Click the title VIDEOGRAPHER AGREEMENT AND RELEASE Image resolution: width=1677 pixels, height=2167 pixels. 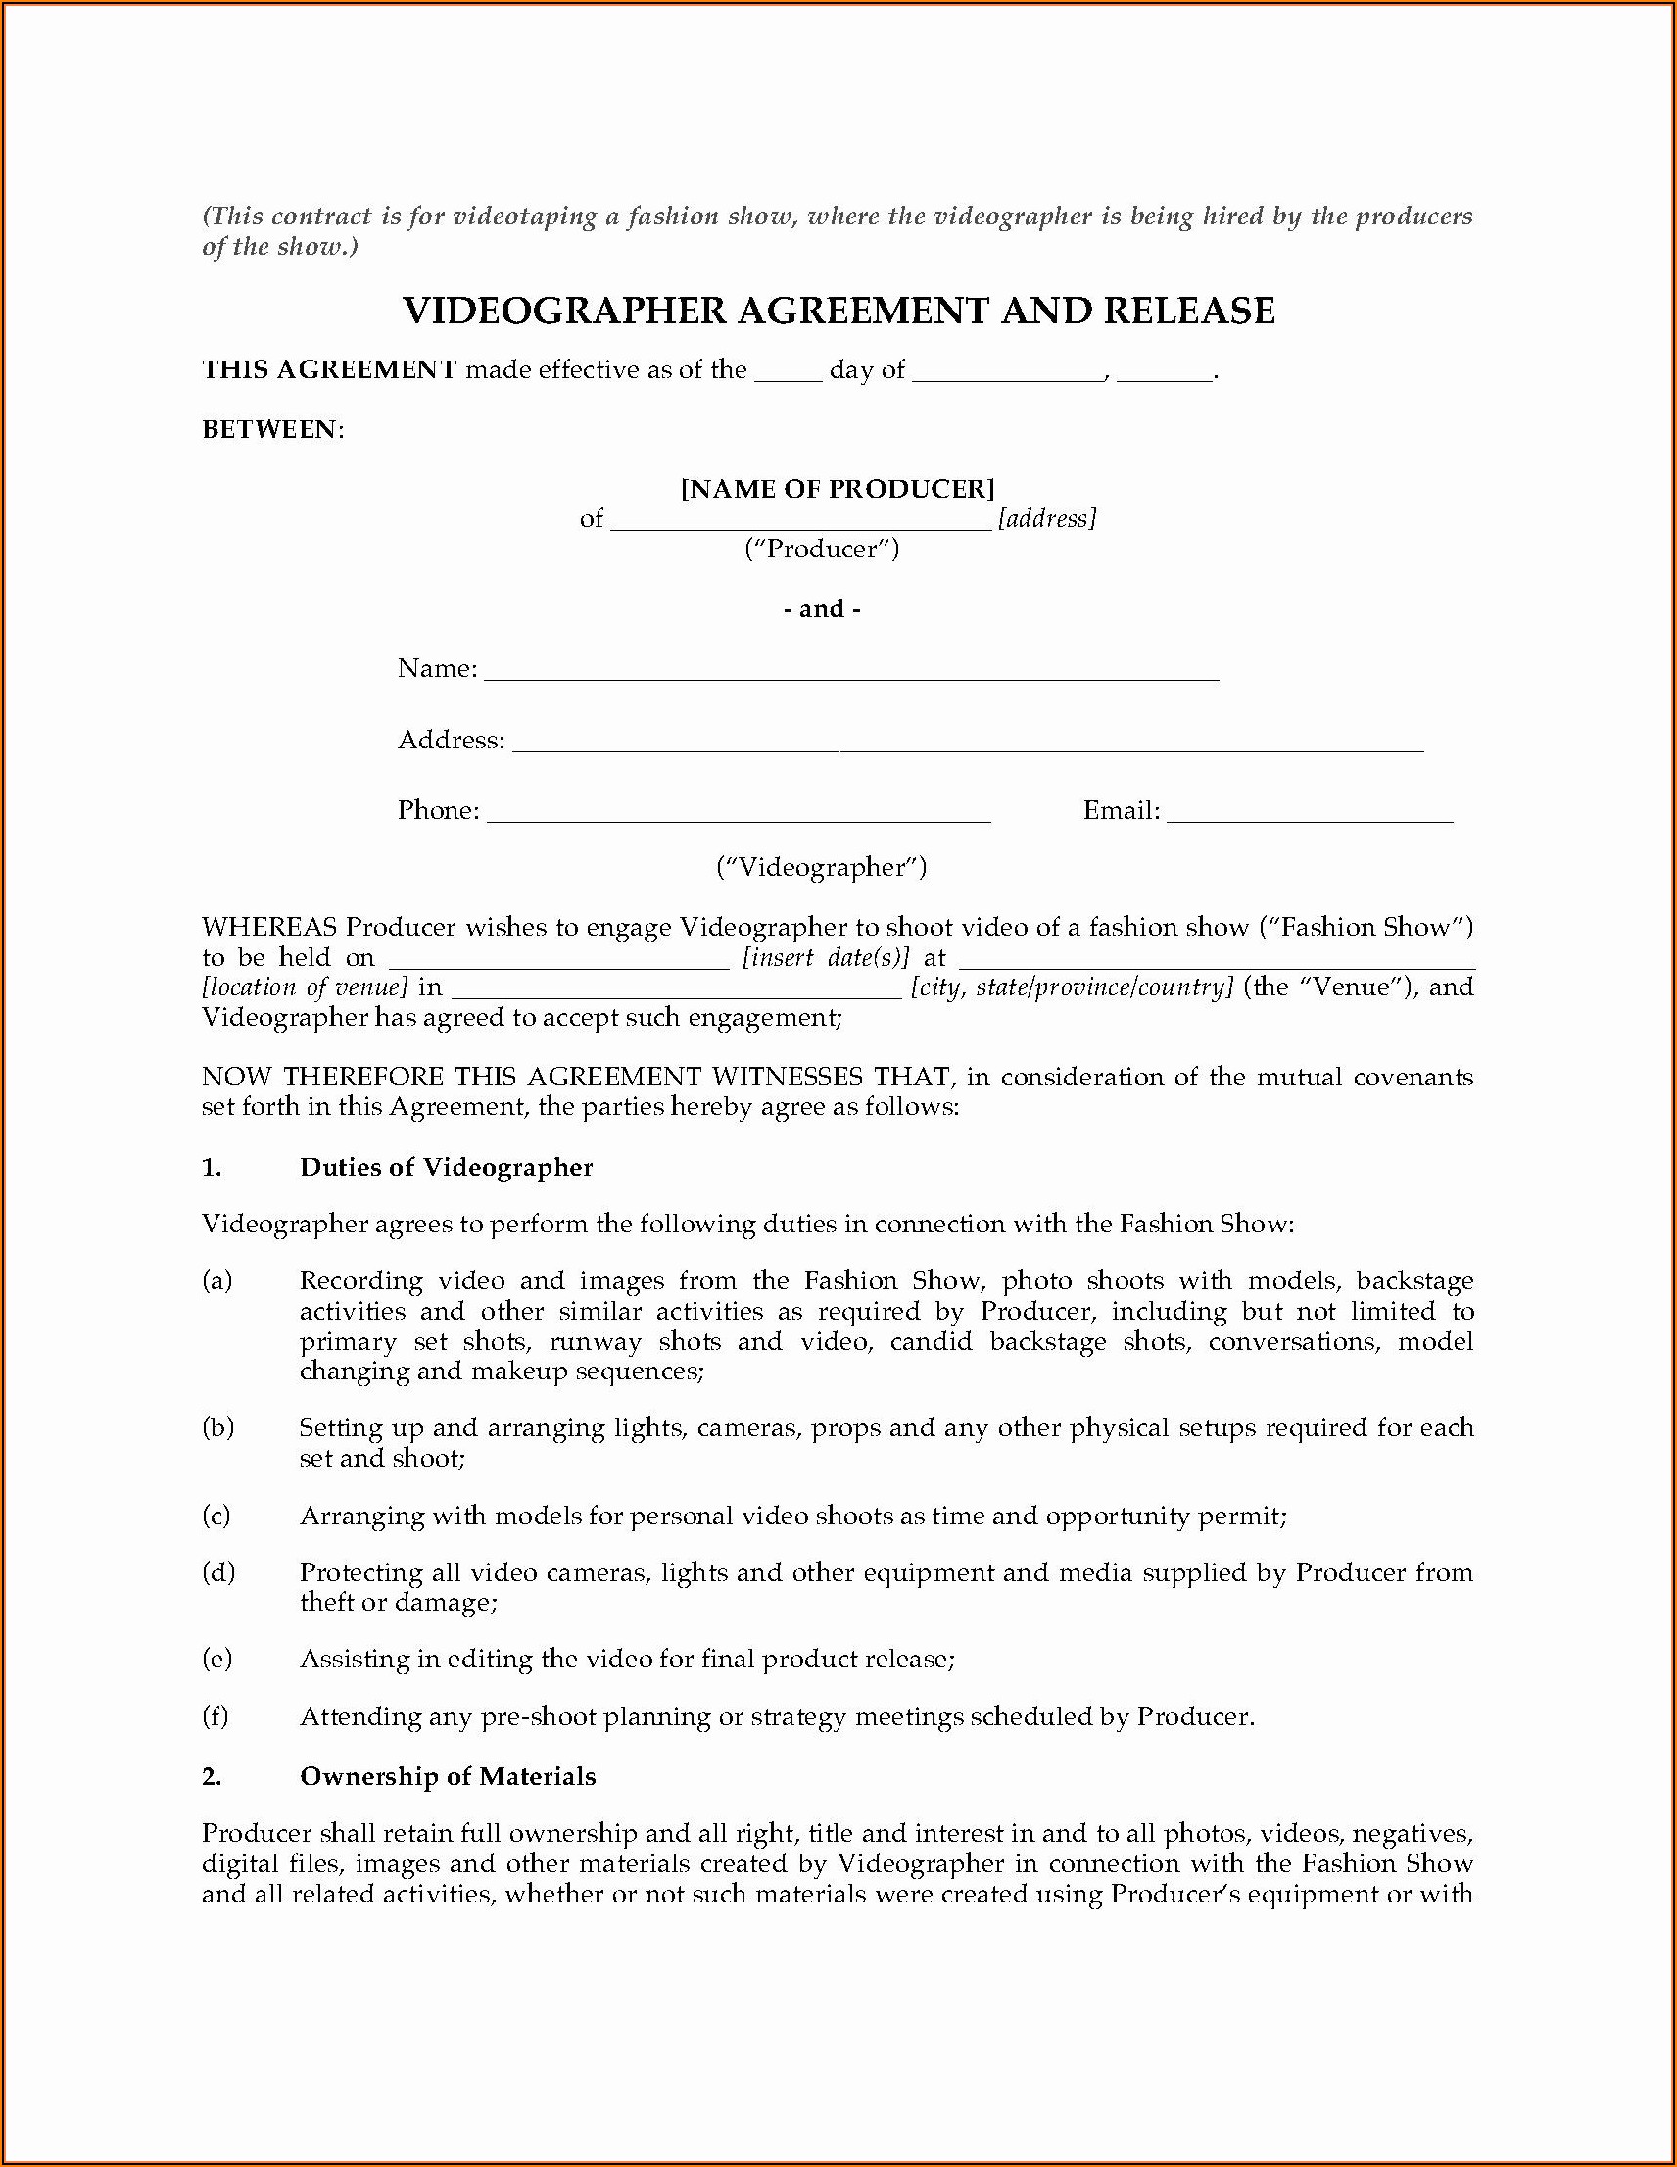[838, 312]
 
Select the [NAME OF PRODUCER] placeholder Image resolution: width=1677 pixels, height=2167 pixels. [838, 489]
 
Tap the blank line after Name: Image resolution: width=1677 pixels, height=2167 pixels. [851, 676]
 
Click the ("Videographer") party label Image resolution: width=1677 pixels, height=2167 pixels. [822, 868]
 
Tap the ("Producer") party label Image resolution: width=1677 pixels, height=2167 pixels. [822, 550]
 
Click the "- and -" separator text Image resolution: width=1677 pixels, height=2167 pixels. [822, 609]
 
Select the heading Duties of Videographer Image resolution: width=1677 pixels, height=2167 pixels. [446, 1168]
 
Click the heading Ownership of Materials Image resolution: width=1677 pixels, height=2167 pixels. [448, 1777]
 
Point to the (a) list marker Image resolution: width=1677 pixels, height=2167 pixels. [217, 1281]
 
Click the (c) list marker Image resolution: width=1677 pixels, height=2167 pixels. [216, 1517]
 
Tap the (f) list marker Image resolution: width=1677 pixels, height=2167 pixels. [216, 1717]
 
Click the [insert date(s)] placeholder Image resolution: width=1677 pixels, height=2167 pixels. [826, 958]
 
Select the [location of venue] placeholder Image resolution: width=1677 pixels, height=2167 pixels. [305, 988]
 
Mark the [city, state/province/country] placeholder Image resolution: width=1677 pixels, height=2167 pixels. [1073, 988]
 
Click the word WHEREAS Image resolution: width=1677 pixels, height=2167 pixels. [270, 928]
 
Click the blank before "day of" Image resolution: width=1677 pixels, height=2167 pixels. [788, 377]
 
